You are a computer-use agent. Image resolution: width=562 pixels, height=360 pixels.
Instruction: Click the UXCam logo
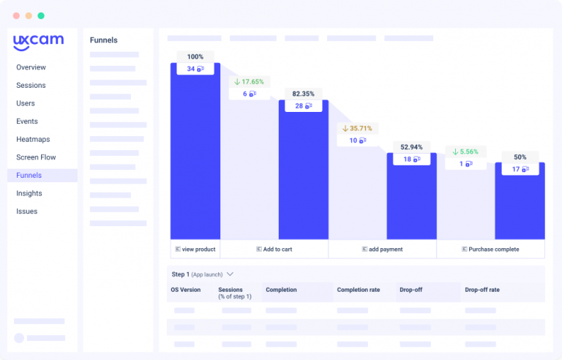coord(38,42)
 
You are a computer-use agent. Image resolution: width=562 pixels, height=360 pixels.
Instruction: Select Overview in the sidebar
coord(31,67)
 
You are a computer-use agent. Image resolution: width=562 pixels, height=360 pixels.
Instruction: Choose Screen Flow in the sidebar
coord(36,157)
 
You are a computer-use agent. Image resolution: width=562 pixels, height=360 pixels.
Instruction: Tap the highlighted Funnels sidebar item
coord(29,176)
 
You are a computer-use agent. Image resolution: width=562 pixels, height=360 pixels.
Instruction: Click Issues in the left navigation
coord(26,211)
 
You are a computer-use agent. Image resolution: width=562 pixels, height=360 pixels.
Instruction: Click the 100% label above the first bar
coord(195,56)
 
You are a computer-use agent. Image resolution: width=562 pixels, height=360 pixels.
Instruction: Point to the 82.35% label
coord(303,94)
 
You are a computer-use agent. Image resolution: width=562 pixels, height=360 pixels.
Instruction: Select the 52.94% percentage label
coord(412,146)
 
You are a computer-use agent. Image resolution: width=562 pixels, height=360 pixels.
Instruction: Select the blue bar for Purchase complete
coord(520,205)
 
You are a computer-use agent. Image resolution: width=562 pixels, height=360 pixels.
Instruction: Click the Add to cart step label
coord(274,250)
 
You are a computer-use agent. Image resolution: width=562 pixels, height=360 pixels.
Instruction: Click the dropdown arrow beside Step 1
coord(230,274)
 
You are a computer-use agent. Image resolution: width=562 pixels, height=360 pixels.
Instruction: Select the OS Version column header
coord(185,290)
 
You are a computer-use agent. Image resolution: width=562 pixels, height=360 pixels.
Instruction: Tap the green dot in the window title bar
coord(41,15)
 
